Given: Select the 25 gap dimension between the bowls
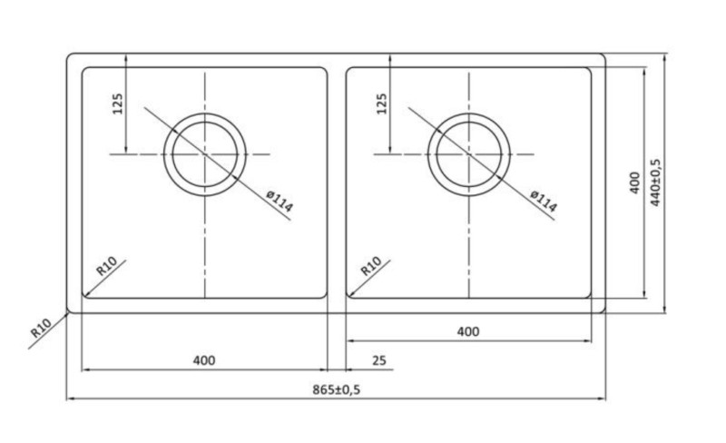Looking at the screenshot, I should pos(379,360).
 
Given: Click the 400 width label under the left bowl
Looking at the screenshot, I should pos(204,360).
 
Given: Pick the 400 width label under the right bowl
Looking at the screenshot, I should pos(467,331).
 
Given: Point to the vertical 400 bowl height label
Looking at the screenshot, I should pos(634,182).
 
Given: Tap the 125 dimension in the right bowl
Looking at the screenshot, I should pos(381,105).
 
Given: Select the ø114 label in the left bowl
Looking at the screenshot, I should pos(280,202).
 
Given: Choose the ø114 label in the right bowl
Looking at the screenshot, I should pos(543,202).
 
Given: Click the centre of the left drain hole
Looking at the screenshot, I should pos(206,153).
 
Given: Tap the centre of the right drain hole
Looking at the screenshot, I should pos(468,153).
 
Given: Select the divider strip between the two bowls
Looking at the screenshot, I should pos(337,182).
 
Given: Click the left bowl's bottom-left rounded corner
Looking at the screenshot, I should pos(86,293).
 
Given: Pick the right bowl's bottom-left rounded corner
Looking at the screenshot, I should pos(350,293).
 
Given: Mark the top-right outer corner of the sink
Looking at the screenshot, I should pos(603,55).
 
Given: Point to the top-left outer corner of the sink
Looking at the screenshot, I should pos(70,55).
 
